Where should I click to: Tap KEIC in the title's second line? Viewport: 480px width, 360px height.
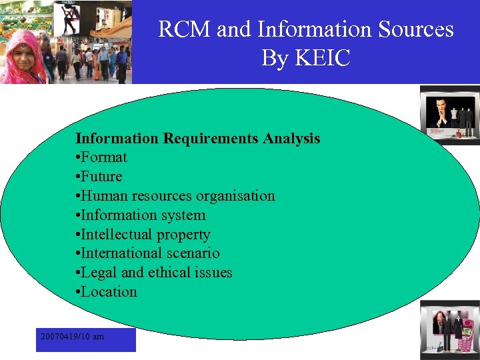323,59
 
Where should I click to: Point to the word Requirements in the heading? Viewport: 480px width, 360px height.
211,139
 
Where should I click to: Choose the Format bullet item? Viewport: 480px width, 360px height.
104,158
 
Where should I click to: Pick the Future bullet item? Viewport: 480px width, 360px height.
102,177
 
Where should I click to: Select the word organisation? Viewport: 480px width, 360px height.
233,196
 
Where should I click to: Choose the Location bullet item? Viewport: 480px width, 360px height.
109,292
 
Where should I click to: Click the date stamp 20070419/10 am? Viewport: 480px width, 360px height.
72,337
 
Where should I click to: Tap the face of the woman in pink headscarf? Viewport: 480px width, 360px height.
24,51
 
